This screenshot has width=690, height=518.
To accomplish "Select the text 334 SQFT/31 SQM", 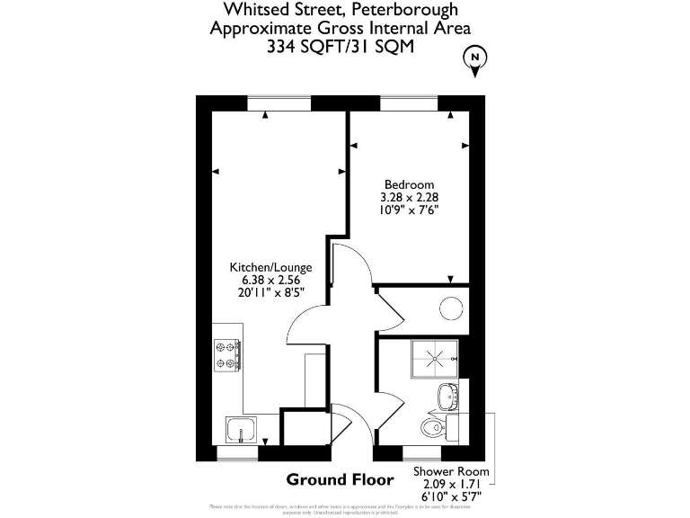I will click(340, 48).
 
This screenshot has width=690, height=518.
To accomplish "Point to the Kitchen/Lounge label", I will click(270, 267).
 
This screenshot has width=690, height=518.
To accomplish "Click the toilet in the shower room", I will click(434, 425).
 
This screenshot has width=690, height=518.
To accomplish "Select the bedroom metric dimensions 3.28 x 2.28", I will click(409, 197).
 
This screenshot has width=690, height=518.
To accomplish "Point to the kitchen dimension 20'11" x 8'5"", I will click(270, 292).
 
